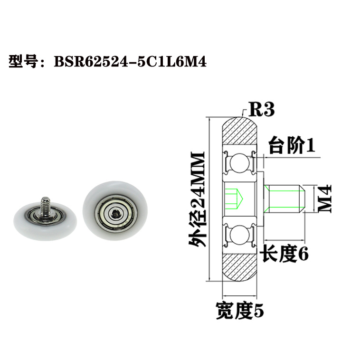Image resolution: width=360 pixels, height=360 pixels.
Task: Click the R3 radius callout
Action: click(262, 110)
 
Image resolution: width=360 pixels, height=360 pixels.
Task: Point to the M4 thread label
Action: click(323, 198)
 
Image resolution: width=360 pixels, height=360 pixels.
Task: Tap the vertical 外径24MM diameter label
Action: click(197, 200)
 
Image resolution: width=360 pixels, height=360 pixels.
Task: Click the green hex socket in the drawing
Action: click(233, 198)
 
